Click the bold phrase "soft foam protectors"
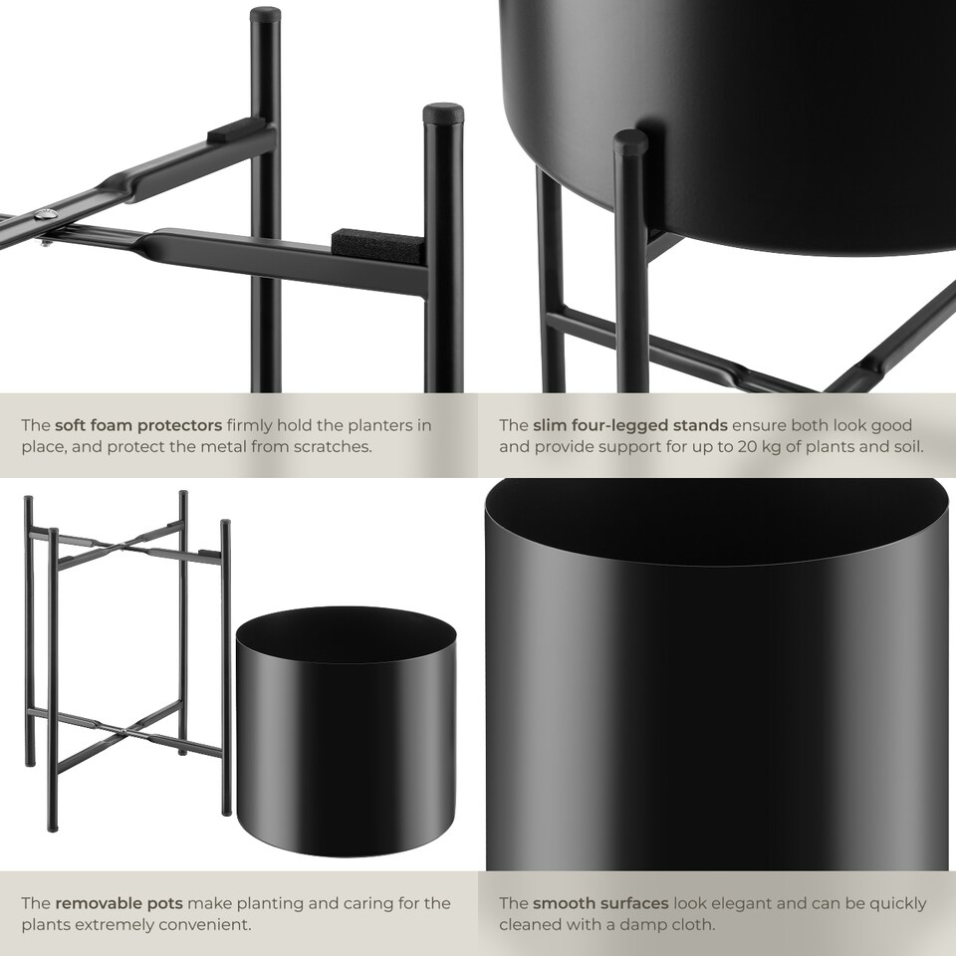pos(137,425)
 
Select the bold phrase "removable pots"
pos(119,903)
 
